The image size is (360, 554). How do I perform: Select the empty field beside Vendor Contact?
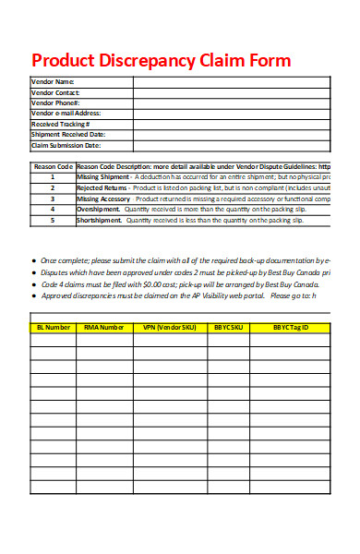(231, 92)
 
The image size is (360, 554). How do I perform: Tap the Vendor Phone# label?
(55, 102)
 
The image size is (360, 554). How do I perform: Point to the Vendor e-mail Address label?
(66, 113)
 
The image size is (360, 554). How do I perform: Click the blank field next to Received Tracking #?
(231, 124)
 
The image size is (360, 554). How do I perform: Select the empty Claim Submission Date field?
(231, 145)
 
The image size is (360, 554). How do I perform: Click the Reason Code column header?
(53, 166)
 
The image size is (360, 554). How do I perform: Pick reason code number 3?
(53, 199)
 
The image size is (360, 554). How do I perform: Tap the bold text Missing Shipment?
(103, 176)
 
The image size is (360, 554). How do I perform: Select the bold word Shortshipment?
(99, 221)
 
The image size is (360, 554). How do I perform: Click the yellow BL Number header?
(53, 327)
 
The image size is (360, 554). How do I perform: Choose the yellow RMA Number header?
(105, 327)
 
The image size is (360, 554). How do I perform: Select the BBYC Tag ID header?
(290, 327)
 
